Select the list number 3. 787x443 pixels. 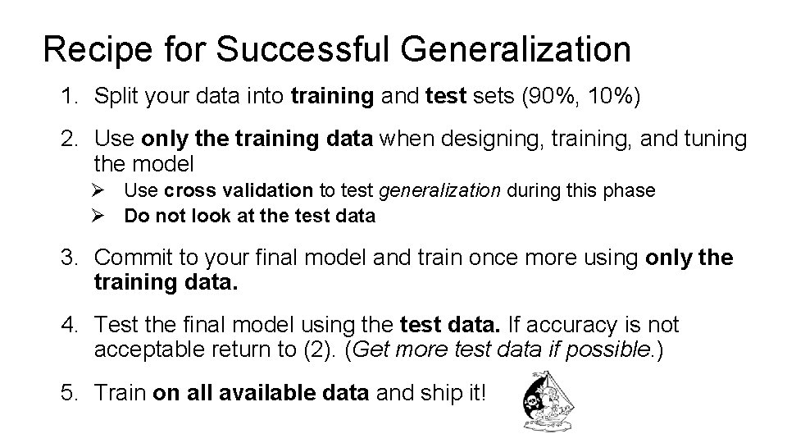click(x=67, y=258)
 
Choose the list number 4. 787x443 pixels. click(x=67, y=327)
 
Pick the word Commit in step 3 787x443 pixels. click(x=129, y=258)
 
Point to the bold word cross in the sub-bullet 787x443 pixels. click(x=188, y=191)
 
